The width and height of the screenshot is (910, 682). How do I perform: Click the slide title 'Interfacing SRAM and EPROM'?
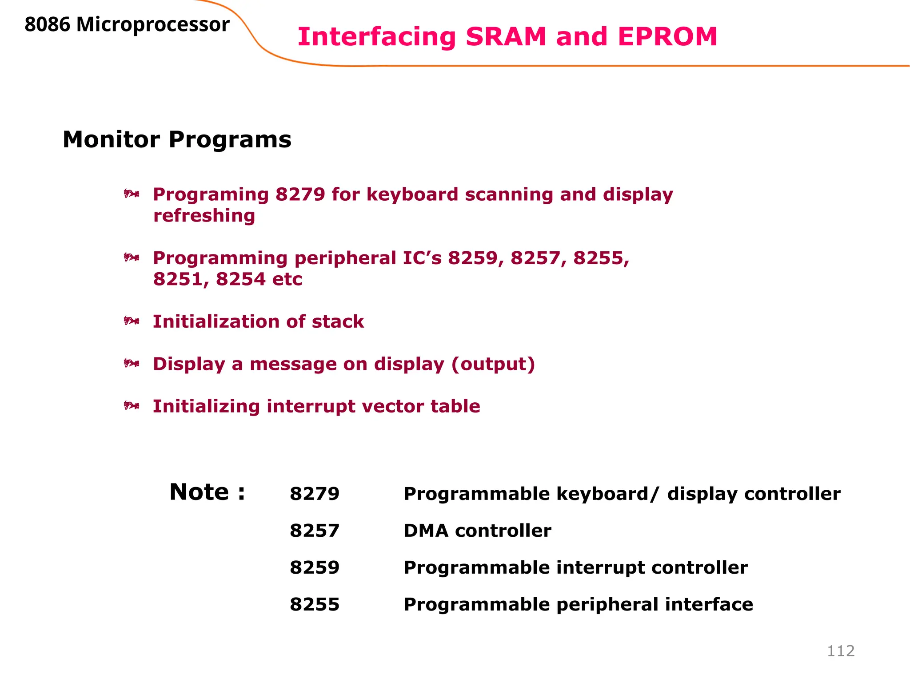[x=507, y=36]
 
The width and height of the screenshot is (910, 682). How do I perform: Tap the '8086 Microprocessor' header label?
[x=127, y=25]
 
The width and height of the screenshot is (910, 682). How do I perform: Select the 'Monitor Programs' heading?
[x=177, y=139]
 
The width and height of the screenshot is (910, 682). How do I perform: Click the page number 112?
[x=841, y=651]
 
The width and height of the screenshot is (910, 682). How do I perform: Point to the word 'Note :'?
[x=207, y=492]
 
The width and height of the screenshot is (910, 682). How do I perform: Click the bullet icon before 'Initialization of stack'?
[x=132, y=321]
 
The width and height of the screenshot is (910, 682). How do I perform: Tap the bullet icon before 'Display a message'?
[x=132, y=363]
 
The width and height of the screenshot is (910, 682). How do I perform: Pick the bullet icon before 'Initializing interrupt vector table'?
[x=132, y=405]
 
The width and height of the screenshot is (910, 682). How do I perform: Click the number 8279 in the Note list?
[x=315, y=494]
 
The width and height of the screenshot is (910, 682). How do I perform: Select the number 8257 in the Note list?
[x=315, y=531]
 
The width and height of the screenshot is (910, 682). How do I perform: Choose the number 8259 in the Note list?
[x=315, y=567]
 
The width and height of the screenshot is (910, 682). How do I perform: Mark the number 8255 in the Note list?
[x=315, y=604]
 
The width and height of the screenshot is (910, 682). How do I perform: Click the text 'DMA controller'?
[x=477, y=531]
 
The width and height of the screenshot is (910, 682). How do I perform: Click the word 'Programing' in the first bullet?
[x=211, y=194]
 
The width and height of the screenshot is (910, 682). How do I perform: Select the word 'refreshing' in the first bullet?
[x=204, y=216]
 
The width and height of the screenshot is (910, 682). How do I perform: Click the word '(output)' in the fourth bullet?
[x=493, y=364]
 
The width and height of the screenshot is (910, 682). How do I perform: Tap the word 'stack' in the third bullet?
[x=338, y=321]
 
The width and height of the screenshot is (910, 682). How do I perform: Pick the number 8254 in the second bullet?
[x=240, y=279]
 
